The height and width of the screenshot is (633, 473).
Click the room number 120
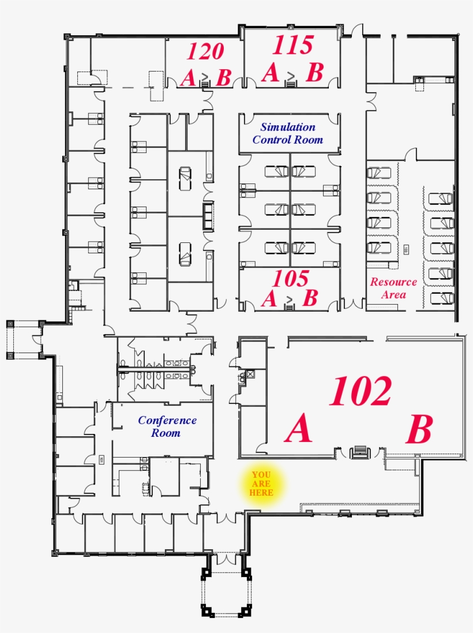[205, 51]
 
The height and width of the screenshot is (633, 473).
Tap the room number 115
[293, 45]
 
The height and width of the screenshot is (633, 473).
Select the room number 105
[291, 279]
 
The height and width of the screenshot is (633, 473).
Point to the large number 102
[361, 392]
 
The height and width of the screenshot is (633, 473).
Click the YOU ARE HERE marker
[261, 484]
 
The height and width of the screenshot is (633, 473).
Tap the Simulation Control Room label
[288, 133]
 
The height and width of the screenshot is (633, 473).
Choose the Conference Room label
[167, 426]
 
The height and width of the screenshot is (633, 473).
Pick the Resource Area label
[393, 288]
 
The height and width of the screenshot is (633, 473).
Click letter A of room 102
[299, 430]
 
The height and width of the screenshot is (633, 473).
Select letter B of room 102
[419, 430]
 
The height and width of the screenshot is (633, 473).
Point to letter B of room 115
[314, 73]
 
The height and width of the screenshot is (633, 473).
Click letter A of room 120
[188, 77]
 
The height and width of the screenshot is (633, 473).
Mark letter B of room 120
[223, 77]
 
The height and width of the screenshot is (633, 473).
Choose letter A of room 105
[269, 299]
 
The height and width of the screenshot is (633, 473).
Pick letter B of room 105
[310, 298]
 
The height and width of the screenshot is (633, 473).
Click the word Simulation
[288, 127]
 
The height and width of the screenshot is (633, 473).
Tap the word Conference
[167, 421]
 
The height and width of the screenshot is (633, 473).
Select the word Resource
[393, 282]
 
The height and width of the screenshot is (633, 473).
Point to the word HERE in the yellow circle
[261, 493]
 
